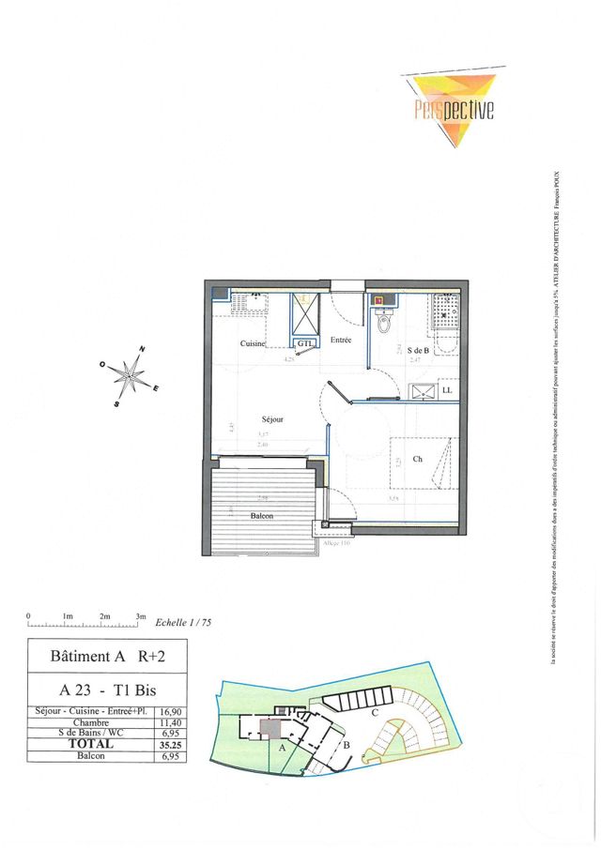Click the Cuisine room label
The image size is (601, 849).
(x=253, y=344)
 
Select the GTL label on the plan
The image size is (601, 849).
(x=304, y=344)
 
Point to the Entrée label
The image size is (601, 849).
(x=340, y=340)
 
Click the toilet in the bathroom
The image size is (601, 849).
(x=382, y=322)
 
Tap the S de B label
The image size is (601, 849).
(x=417, y=350)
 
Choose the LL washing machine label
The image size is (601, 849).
(x=446, y=389)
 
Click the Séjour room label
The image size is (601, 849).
(x=272, y=419)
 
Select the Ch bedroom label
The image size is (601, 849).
(x=417, y=459)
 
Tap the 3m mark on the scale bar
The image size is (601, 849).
(x=141, y=616)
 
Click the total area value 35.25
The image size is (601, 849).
(x=170, y=744)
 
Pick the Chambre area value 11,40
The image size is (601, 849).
(x=170, y=722)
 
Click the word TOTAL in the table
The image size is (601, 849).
(x=91, y=744)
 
